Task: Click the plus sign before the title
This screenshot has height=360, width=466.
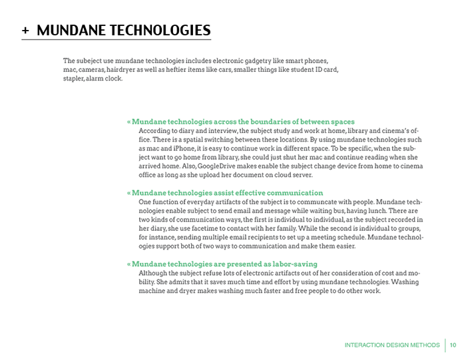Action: (25, 31)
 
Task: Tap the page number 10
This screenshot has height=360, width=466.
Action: (453, 345)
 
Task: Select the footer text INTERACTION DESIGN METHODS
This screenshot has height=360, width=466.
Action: (391, 345)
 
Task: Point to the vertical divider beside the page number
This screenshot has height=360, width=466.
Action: (444, 345)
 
